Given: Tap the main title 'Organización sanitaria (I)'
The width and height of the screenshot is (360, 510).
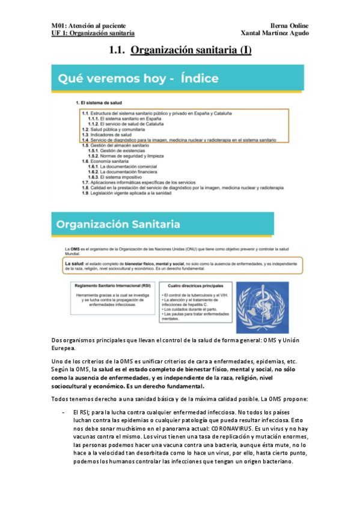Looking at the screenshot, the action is pos(191,51).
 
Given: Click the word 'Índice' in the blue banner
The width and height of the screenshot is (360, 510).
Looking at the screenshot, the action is pos(191,78).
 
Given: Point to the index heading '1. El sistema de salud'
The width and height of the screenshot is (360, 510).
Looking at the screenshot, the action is pos(99,103).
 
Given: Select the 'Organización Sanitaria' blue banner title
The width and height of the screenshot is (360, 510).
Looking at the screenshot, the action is pos(118,224).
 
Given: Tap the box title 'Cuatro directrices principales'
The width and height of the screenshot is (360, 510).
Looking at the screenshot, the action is pos(192,286).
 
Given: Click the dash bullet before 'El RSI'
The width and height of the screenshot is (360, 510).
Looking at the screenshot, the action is pos(64,412).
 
